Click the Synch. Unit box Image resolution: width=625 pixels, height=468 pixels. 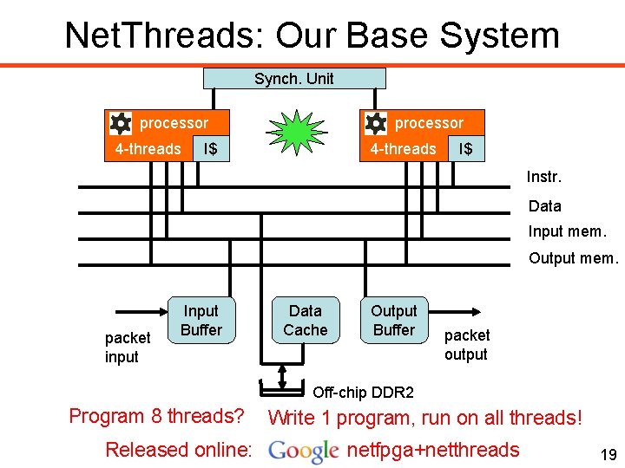(293, 79)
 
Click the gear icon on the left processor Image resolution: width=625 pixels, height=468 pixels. (122, 122)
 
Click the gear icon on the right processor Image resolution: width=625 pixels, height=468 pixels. (376, 122)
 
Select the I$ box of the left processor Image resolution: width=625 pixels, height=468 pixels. (209, 149)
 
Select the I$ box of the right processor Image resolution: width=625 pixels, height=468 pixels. (465, 149)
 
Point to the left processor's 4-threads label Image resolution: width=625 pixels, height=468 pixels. (148, 149)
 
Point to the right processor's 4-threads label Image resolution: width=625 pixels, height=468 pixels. (403, 149)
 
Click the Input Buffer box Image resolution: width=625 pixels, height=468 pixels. (201, 320)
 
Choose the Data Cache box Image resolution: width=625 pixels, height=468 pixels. (305, 320)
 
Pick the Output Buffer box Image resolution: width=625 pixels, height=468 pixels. (394, 320)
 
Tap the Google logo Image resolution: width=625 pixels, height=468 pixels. (303, 451)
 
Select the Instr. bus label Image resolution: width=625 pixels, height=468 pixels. (544, 178)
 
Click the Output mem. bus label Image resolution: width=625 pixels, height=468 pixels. (573, 258)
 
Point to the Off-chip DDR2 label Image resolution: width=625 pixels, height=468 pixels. (363, 392)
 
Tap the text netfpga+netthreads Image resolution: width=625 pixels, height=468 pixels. (432, 450)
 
